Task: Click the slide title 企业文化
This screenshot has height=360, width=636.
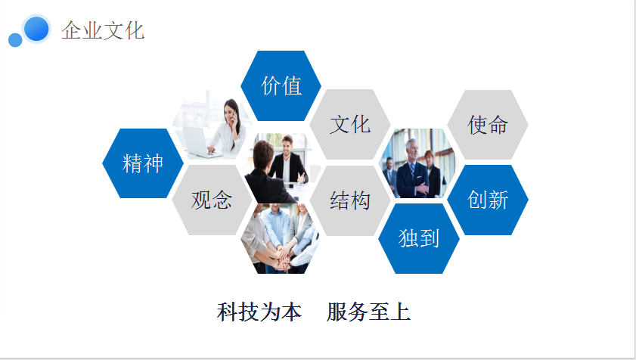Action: [x=103, y=30]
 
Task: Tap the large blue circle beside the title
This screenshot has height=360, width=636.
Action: [x=36, y=29]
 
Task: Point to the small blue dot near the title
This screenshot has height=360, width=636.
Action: [x=15, y=40]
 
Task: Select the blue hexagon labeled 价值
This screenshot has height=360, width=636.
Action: [x=281, y=85]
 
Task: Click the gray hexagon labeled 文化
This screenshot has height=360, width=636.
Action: [x=350, y=124]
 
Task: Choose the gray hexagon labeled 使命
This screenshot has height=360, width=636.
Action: [x=488, y=125]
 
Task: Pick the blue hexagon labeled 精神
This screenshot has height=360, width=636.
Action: [x=143, y=163]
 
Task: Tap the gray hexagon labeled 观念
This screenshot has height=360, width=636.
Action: [x=212, y=200]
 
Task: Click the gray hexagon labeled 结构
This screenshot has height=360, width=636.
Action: [x=350, y=200]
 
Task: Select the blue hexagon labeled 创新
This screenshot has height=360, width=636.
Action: [x=488, y=200]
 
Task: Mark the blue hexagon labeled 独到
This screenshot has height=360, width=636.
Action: [x=419, y=238]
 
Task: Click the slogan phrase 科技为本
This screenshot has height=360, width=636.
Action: [x=259, y=312]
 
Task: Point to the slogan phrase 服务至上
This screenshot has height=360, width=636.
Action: [x=369, y=312]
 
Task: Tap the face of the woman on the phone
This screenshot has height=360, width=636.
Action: [x=231, y=111]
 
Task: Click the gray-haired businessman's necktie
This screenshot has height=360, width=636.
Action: [x=412, y=170]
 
